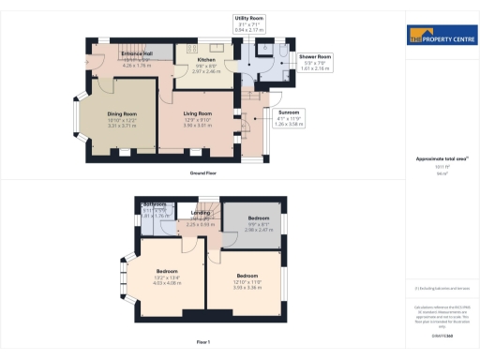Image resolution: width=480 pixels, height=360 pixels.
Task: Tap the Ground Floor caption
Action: [202, 174]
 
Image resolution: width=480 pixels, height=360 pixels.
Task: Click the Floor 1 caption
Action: [202, 342]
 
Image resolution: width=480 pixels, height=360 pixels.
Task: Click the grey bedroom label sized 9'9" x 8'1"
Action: [258, 224]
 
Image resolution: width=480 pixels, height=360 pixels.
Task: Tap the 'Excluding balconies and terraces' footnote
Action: [441, 288]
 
